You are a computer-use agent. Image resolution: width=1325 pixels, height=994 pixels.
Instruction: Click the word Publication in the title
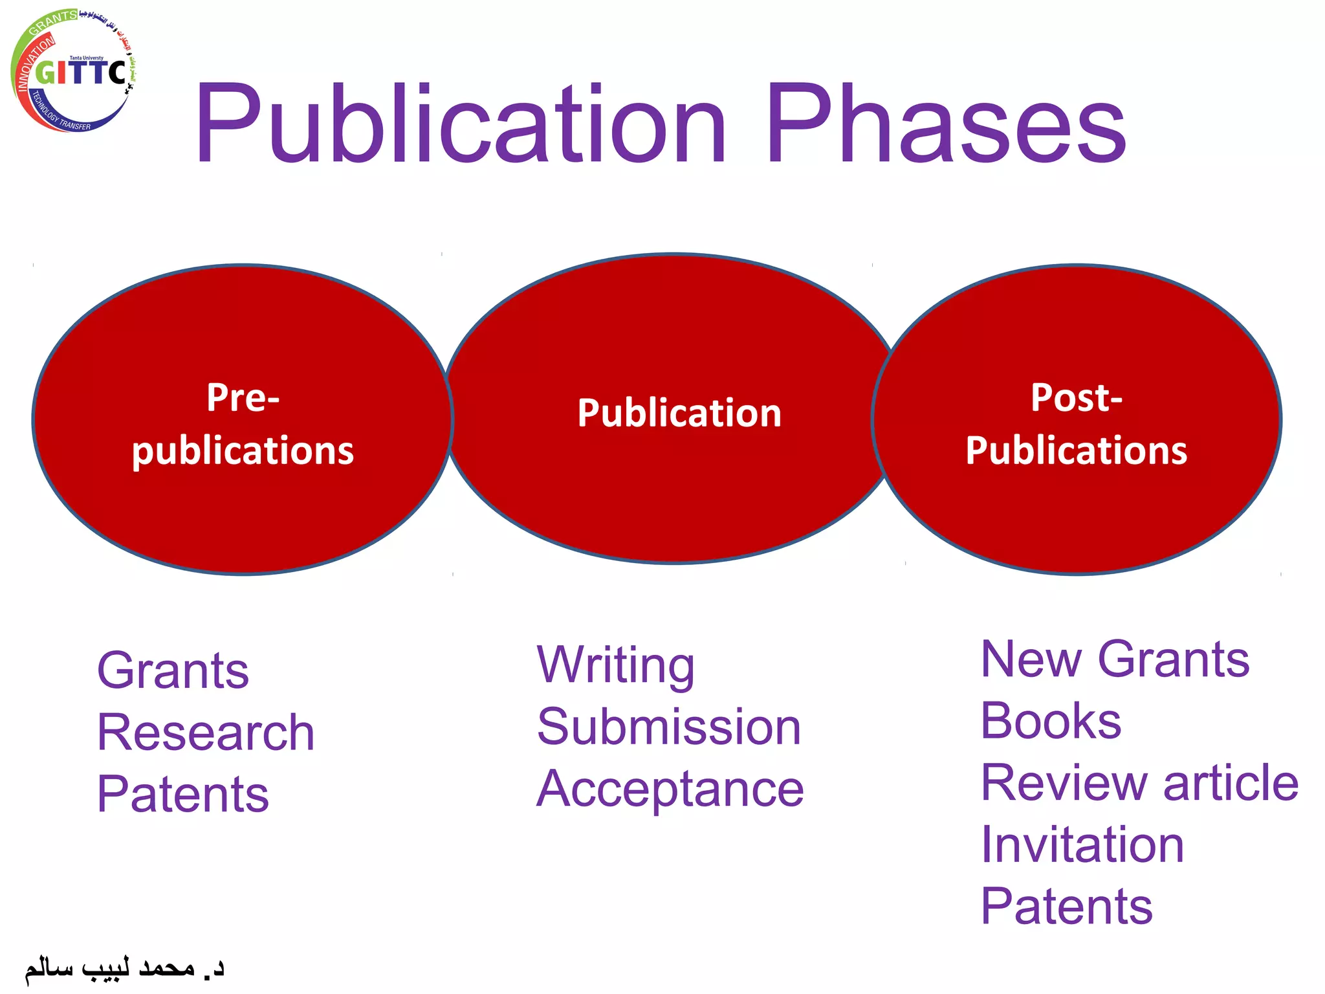tap(461, 124)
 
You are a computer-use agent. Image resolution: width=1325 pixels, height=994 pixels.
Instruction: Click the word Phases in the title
tap(946, 124)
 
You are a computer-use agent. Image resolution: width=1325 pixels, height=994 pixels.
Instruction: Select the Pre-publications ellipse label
tap(243, 423)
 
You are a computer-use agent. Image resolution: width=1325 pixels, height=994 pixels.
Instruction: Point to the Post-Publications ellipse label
tap(1077, 423)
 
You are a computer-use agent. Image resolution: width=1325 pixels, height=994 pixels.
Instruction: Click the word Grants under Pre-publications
tap(173, 670)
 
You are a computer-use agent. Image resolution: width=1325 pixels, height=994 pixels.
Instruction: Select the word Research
tap(206, 732)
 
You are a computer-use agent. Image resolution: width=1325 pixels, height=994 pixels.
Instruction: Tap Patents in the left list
tap(182, 794)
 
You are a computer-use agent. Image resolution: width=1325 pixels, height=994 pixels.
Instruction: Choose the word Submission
tap(669, 727)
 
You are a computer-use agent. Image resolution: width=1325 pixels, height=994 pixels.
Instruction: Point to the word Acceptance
tap(670, 789)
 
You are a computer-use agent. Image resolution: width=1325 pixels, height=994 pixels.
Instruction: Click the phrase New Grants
tap(1115, 659)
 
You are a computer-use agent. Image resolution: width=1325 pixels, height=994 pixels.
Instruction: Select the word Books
tap(1051, 721)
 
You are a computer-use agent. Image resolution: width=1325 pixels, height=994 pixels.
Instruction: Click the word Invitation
tap(1082, 845)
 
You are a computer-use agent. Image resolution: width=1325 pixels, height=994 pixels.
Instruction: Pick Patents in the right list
tap(1066, 906)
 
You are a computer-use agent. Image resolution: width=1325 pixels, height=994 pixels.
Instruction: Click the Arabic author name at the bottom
tap(124, 968)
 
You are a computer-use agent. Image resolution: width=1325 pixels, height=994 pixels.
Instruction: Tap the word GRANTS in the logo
tap(53, 21)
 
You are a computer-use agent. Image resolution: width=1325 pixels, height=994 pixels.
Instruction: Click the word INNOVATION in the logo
tap(34, 63)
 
